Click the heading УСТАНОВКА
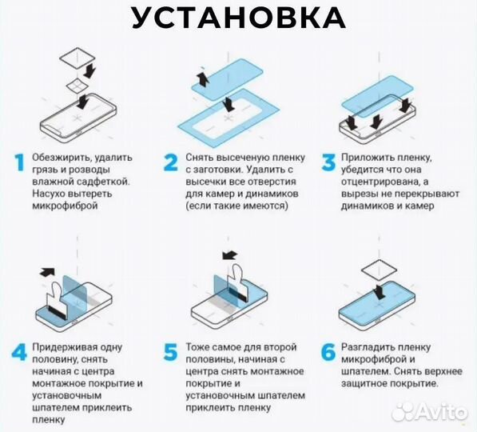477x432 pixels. click(239, 18)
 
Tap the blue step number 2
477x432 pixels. click(170, 163)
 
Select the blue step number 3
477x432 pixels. click(327, 163)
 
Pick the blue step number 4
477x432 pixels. click(18, 353)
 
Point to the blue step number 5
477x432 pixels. click(170, 353)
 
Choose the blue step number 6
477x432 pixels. click(327, 353)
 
